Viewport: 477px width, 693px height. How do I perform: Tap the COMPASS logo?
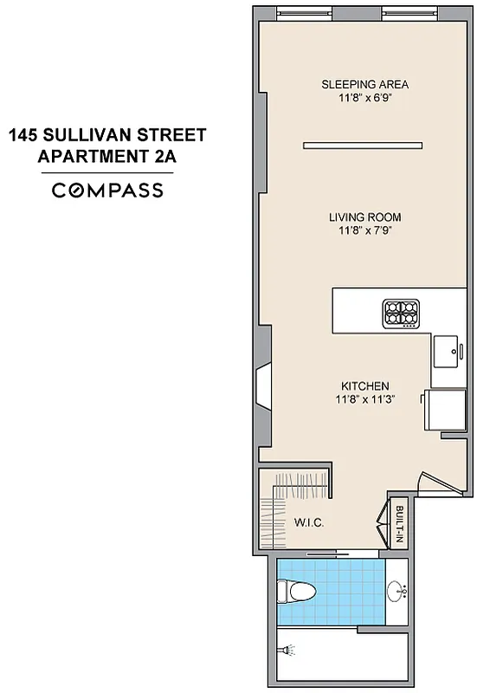[108, 191]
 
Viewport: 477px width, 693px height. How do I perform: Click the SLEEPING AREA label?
[364, 85]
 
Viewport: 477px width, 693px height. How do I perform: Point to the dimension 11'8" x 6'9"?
[364, 98]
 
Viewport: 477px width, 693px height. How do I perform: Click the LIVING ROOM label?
[364, 217]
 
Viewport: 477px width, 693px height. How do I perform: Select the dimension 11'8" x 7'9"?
[364, 230]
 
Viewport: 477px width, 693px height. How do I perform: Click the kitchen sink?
[448, 351]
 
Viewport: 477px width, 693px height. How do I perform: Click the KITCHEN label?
[364, 386]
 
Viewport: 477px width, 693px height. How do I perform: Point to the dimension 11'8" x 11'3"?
[364, 399]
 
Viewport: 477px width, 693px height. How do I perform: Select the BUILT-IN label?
[399, 524]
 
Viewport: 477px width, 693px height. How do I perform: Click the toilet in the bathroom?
[287, 592]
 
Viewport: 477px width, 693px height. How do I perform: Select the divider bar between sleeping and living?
[364, 145]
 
